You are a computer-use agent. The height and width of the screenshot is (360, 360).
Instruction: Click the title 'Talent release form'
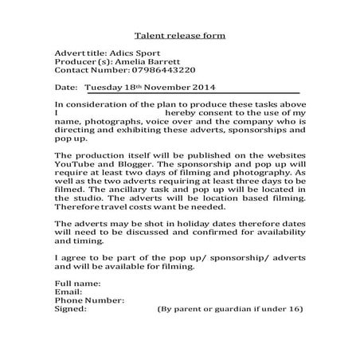tap(180, 36)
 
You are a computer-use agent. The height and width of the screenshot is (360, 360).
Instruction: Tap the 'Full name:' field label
tap(77, 284)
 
